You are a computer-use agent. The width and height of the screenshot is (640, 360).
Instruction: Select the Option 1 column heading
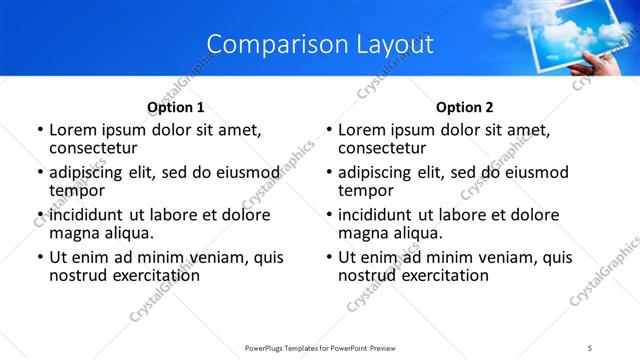(x=176, y=107)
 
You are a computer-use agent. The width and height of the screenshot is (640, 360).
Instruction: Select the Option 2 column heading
(x=464, y=107)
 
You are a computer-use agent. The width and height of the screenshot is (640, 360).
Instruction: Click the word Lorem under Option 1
(x=72, y=130)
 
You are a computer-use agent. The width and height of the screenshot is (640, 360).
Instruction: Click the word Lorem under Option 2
(x=361, y=130)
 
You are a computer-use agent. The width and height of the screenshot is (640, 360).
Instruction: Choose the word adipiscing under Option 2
(x=376, y=173)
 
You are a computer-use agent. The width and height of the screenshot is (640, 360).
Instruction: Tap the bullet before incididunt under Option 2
(x=329, y=216)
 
